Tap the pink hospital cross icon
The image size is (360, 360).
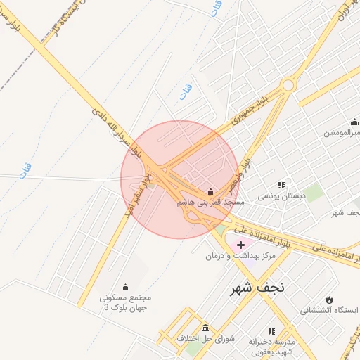pos(241,245)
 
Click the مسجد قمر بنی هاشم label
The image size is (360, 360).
pos(210,202)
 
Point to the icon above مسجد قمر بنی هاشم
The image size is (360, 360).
pos(210,191)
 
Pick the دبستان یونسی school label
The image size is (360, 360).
pos(280,197)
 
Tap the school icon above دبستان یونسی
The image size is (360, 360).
pos(281,186)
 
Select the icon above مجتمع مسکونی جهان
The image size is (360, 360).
pos(126,286)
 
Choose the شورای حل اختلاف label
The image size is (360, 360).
pos(205,339)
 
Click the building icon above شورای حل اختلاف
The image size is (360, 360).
pos(205,328)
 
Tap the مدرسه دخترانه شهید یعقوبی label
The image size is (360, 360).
pos(273,345)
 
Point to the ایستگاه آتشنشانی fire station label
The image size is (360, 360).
pos(330,310)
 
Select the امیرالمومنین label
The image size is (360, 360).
pos(342,133)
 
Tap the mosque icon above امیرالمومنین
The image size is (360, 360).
pos(354,122)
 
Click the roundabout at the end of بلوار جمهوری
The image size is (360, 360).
pos(288,85)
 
